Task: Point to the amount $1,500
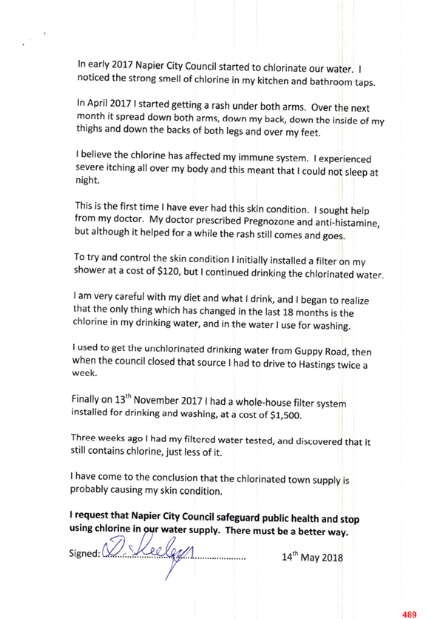pos(285,415)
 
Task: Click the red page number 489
pos(409,615)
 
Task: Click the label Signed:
pos(85,553)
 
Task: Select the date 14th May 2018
pos(312,557)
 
